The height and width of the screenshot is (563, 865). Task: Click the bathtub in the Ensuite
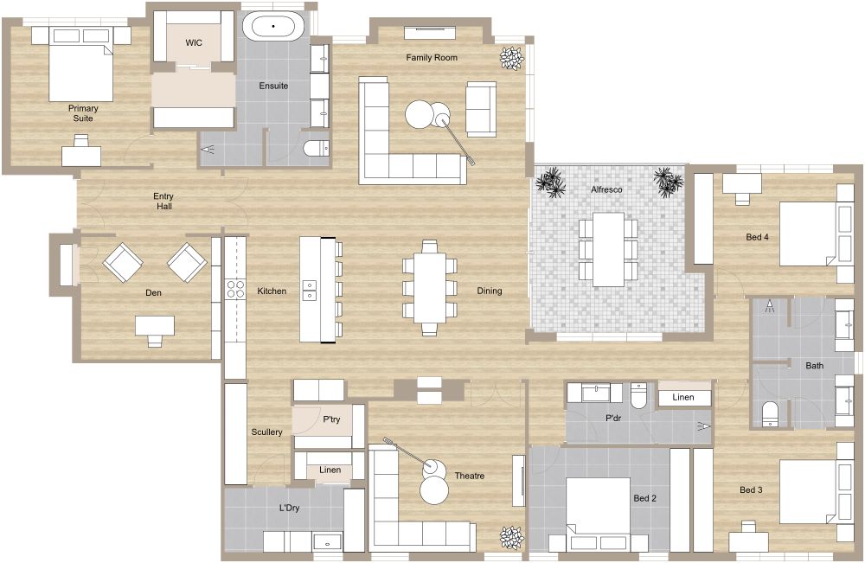(x=273, y=26)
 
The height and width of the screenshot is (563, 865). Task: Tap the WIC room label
(x=194, y=42)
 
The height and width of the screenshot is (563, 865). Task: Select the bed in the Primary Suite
(x=80, y=71)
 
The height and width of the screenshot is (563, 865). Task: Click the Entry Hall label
(x=163, y=202)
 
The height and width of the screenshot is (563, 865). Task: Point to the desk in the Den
(x=155, y=325)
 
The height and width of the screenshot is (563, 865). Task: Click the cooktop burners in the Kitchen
(x=236, y=289)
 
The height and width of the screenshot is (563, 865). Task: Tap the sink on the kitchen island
(x=309, y=291)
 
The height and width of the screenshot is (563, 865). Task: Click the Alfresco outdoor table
(x=608, y=249)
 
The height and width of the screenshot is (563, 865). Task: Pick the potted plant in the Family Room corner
(x=511, y=58)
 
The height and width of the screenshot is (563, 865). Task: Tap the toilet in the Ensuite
(x=317, y=148)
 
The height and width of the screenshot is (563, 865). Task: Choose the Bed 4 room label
(x=757, y=236)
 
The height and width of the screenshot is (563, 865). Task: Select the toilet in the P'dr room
(x=639, y=395)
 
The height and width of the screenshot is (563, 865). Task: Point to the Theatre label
(x=469, y=476)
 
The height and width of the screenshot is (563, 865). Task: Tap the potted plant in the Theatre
(x=511, y=538)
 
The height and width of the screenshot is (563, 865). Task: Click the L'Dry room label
(x=289, y=509)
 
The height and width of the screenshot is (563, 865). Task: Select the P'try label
(x=330, y=419)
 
